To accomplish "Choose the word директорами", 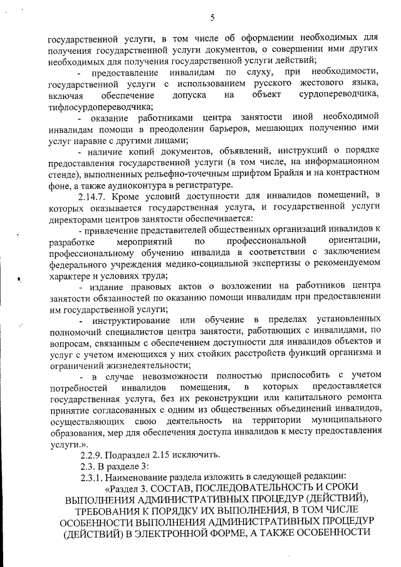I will [x=76, y=220].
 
